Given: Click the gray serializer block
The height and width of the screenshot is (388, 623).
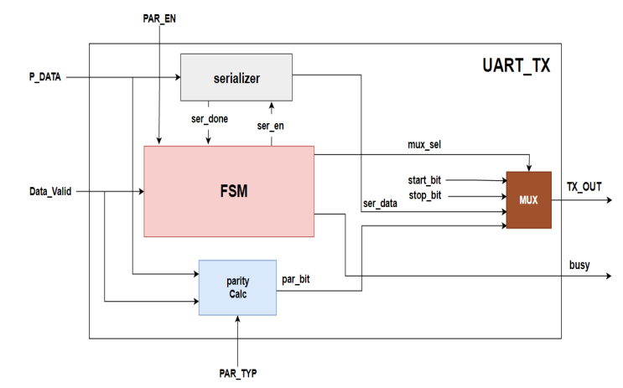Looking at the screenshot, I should tap(236, 79).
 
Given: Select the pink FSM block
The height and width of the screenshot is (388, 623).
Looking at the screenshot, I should tap(229, 191).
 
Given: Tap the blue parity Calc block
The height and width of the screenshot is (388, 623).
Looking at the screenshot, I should tap(237, 287).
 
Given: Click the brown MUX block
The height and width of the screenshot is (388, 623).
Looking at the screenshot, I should tap(528, 200).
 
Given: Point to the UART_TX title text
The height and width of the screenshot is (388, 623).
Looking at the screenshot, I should tap(516, 65).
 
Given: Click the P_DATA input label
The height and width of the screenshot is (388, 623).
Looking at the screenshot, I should tap(47, 77).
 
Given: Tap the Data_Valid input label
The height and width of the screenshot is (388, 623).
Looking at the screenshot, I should tap(49, 191).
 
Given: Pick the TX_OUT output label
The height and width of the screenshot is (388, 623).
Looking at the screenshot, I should tap(584, 186).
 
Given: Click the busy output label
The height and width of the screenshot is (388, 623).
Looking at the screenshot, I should tap(579, 266).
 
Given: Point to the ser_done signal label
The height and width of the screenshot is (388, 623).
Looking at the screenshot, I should tap(210, 118).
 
